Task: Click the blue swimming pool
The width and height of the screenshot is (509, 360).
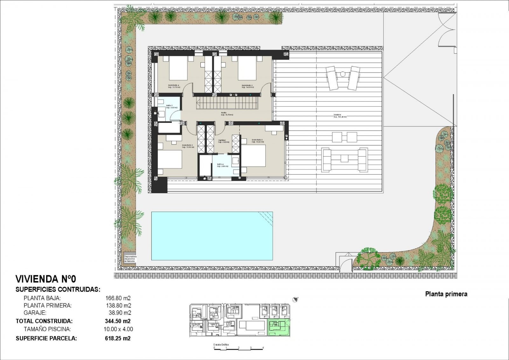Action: pos(212,236)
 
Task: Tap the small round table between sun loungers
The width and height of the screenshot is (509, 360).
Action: pos(343,74)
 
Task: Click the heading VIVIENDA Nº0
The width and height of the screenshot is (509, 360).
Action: pos(46,279)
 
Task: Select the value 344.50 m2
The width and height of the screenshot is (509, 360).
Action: pos(118,321)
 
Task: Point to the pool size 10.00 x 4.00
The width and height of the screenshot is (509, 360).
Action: pos(118,329)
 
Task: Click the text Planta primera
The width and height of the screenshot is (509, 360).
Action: pos(446,294)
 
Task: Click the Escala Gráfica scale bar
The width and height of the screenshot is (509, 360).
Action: pos(239,348)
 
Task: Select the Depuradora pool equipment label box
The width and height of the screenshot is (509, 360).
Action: pos(130,258)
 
